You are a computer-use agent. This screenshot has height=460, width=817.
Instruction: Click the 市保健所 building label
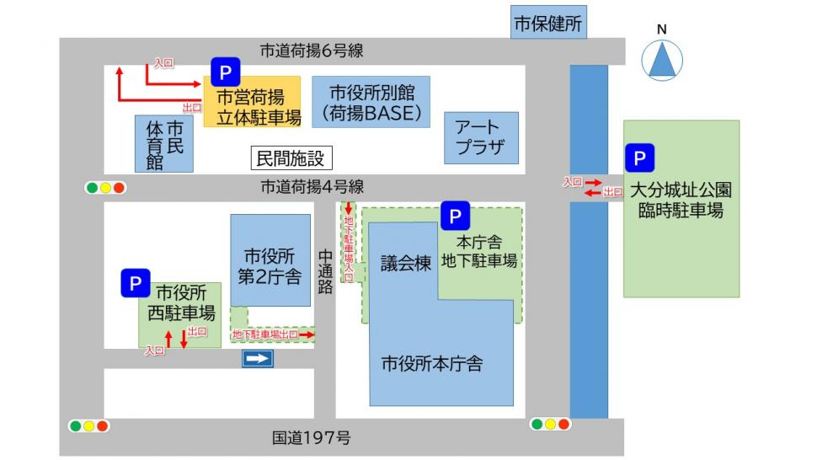pyautogui.click(x=548, y=24)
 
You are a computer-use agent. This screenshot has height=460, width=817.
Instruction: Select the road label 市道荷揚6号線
pyautogui.click(x=312, y=51)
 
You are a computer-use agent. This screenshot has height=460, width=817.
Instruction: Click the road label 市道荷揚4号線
pyautogui.click(x=312, y=187)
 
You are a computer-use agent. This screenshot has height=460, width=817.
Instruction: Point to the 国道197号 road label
pyautogui.click(x=311, y=438)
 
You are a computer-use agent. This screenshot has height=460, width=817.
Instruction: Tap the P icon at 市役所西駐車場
pyautogui.click(x=134, y=283)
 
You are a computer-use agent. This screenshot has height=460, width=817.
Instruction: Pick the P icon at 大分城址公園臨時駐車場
pyautogui.click(x=639, y=158)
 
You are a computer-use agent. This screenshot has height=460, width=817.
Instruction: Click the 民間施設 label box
pyautogui.click(x=290, y=158)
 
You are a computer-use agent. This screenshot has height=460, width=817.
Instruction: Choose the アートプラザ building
pyautogui.click(x=481, y=138)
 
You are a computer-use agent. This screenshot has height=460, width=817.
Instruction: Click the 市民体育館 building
pyautogui.click(x=164, y=144)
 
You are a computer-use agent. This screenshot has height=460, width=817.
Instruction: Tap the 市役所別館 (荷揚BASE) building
pyautogui.click(x=371, y=102)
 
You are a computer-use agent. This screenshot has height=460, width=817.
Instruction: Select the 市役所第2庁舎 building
pyautogui.click(x=270, y=265)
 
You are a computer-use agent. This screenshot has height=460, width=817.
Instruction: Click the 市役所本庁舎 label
pyautogui.click(x=432, y=364)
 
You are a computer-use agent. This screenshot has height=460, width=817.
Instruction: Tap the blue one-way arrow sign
pyautogui.click(x=259, y=360)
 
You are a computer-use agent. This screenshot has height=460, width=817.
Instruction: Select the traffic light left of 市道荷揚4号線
pyautogui.click(x=105, y=188)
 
